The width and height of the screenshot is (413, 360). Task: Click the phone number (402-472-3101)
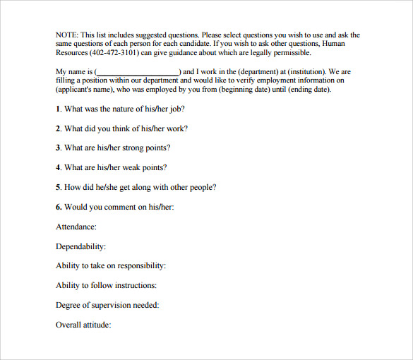tap(114, 53)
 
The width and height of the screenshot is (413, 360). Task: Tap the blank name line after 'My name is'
tap(137, 72)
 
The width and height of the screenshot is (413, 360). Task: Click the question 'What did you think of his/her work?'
tap(126, 128)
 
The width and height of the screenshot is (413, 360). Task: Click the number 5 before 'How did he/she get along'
tap(58, 188)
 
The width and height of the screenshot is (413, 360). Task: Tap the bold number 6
tap(58, 208)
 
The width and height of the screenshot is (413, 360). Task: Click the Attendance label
tap(76, 227)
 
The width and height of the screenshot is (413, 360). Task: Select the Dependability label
tap(80, 247)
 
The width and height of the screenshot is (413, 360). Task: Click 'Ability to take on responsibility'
tap(111, 266)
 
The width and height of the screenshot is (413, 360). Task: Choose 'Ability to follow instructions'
tap(107, 286)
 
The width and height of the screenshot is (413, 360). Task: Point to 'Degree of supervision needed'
tap(107, 306)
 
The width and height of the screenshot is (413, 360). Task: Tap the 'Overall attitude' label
tap(83, 325)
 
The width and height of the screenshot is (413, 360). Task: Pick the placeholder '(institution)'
tap(301, 72)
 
